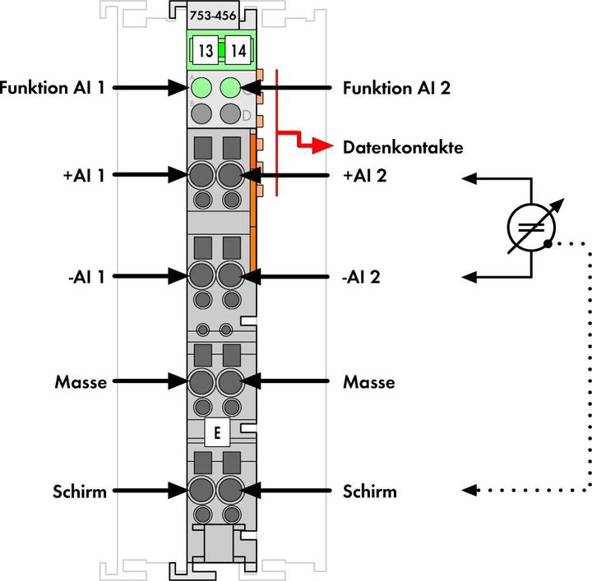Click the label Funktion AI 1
pos(53,87)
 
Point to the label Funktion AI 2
pos(396,87)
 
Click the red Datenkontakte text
pos(402,148)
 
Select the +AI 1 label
pos(78,174)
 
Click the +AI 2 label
pos(366,174)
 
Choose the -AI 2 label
pos(362,276)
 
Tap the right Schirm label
pos(369,491)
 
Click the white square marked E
pos(217,433)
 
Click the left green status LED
pos(201,87)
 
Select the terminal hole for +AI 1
pos(201,174)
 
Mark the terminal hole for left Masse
pos(201,382)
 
